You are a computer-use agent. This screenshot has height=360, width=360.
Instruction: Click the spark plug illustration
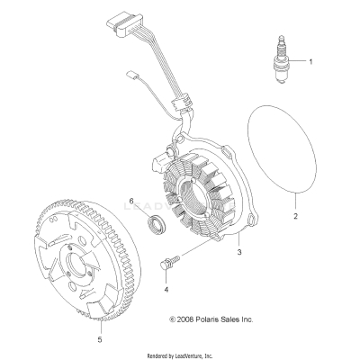point(280,59)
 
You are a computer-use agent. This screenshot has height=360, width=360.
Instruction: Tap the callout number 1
point(310,62)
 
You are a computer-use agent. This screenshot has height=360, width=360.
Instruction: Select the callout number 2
point(295,216)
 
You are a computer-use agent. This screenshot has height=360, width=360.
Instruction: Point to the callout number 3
point(239,252)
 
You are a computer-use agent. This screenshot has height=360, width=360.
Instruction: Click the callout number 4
point(166,290)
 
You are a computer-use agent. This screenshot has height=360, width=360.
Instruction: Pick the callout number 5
point(100,339)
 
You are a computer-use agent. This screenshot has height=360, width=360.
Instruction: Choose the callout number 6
point(131,201)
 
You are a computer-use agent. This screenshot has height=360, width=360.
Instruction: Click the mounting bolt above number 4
point(169,261)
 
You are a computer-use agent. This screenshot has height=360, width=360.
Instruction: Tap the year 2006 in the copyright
point(186,319)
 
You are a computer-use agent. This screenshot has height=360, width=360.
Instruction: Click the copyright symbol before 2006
point(173,319)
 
